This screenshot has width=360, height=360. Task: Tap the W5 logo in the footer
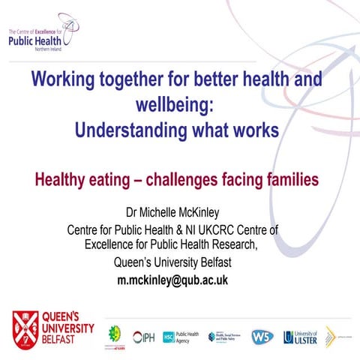[262, 337]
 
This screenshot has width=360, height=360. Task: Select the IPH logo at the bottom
[144, 337]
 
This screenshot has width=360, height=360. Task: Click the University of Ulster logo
[301, 337]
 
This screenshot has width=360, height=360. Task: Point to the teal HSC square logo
[169, 337]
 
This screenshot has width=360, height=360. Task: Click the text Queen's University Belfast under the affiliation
[172, 262]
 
